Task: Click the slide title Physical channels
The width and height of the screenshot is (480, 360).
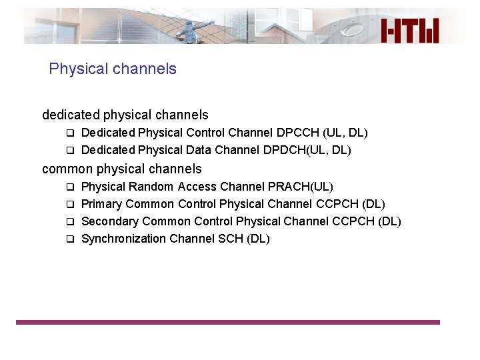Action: point(113,69)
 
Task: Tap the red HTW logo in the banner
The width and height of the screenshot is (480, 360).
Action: point(410,31)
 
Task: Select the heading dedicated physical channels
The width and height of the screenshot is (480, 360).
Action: point(125,115)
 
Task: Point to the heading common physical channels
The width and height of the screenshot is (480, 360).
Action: point(122,169)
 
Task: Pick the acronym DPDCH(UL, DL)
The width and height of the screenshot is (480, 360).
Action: point(307,150)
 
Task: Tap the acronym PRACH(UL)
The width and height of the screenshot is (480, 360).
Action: point(300,187)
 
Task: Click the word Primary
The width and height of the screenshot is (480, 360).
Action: point(101,204)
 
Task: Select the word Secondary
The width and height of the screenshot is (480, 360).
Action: point(109,221)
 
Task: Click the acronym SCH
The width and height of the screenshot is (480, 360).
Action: point(231,239)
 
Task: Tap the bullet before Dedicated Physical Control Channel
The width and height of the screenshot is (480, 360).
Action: point(68,133)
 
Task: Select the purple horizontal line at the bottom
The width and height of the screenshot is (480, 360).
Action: point(228,322)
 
